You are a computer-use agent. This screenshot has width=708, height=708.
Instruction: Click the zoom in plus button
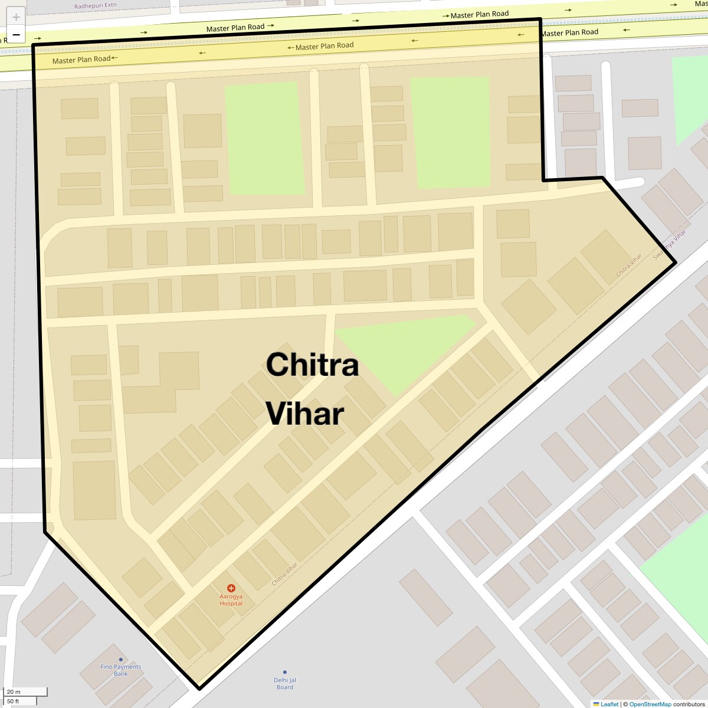[x=16, y=17]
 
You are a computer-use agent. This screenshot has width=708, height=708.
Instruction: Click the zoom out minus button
[x=16, y=35]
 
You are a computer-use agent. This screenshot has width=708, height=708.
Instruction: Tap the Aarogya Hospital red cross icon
[x=231, y=588]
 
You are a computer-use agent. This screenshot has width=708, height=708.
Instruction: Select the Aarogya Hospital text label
[x=231, y=599]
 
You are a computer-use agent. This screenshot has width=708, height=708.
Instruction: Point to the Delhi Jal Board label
[x=285, y=683]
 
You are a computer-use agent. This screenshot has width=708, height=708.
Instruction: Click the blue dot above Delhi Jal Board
[x=285, y=672]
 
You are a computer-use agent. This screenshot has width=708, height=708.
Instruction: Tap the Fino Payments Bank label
[x=121, y=670]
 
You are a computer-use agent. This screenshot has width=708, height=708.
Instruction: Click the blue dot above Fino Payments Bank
[x=121, y=660]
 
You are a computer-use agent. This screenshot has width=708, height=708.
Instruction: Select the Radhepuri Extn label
[x=96, y=6]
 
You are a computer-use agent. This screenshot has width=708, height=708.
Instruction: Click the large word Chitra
[x=312, y=365]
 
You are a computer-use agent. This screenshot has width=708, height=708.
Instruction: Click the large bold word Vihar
[x=304, y=414]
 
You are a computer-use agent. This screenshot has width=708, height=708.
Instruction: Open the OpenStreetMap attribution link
[x=650, y=704]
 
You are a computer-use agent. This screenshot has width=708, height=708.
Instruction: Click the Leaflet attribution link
[x=609, y=704]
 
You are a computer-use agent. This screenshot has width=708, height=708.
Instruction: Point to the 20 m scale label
[x=14, y=691]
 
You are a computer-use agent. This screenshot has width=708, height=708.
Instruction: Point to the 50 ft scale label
[x=13, y=701]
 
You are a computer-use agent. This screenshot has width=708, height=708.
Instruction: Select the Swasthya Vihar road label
[x=670, y=244]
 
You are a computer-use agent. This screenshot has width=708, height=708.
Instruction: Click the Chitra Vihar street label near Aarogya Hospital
[x=284, y=573]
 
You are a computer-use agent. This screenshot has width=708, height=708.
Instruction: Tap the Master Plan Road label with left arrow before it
[x=324, y=46]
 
